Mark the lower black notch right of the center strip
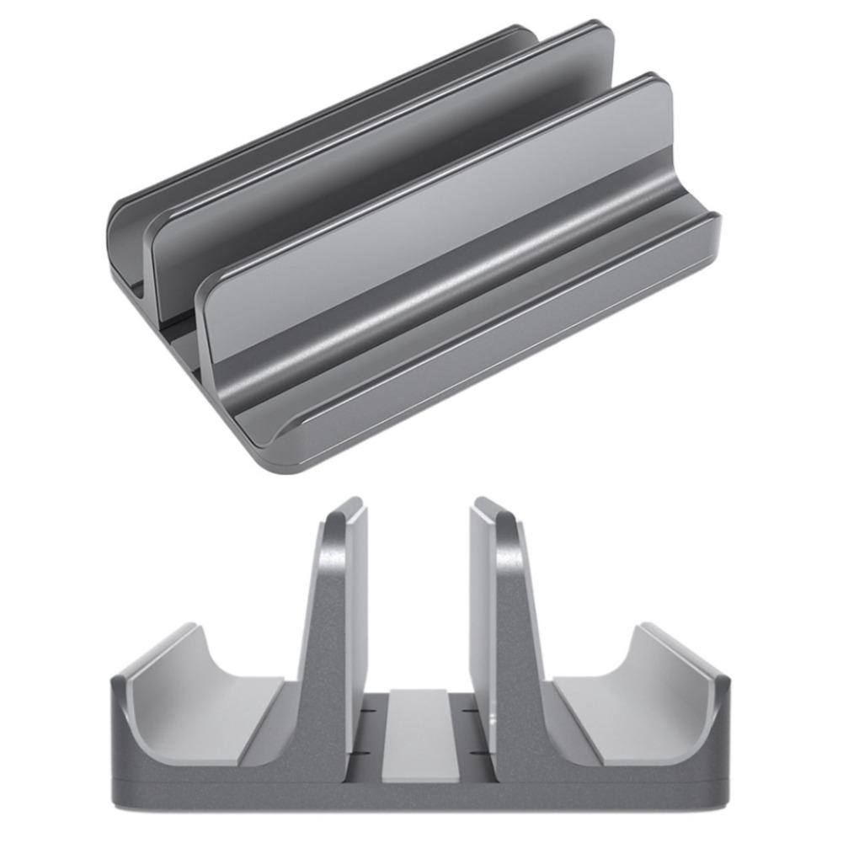click(476, 750)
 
